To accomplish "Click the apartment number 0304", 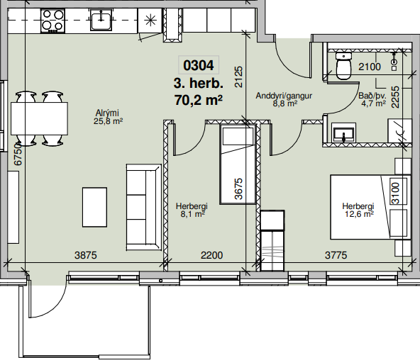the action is click(199, 65).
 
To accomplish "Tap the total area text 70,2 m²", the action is click(199, 101).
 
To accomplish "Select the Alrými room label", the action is click(107, 113).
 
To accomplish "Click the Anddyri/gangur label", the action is click(284, 96).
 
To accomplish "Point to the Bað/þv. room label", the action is click(372, 96).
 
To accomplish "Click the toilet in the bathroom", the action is click(343, 66).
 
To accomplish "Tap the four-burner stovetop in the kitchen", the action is click(52, 21).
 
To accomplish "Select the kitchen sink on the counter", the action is click(101, 20).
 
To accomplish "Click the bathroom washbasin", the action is click(344, 133).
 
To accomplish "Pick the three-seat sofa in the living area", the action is click(144, 207).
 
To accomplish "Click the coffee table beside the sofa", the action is click(94, 207).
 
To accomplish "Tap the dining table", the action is click(39, 118).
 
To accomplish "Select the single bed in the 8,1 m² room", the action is click(238, 164).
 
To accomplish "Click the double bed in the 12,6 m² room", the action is click(371, 207).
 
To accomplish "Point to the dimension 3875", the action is click(85, 255).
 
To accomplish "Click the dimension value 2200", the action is click(211, 255).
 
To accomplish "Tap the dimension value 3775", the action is click(336, 255).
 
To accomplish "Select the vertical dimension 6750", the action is click(18, 154).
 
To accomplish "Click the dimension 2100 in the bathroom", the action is click(370, 67).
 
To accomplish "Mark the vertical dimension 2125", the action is click(238, 77).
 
